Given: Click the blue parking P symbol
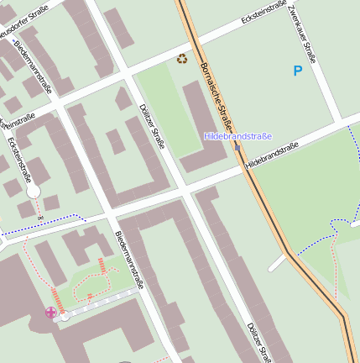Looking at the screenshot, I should click(x=297, y=71).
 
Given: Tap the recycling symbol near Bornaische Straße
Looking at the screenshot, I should click(x=182, y=59).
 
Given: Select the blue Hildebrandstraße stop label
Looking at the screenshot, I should click(x=238, y=136).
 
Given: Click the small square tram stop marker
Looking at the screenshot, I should click(x=237, y=148).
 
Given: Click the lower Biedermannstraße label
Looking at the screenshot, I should click(x=131, y=260).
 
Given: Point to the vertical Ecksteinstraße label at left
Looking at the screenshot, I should click(x=18, y=160).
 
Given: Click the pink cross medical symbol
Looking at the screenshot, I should click(x=51, y=313).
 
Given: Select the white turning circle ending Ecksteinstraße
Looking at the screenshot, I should click(x=33, y=192).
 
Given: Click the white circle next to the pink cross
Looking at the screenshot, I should click(x=65, y=316).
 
